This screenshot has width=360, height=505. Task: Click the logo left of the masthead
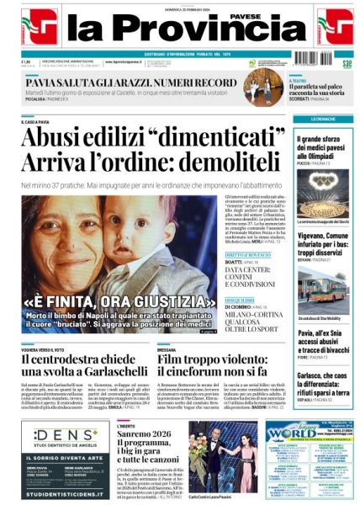[x=39, y=25]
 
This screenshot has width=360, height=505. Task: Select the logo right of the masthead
[x=334, y=25]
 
